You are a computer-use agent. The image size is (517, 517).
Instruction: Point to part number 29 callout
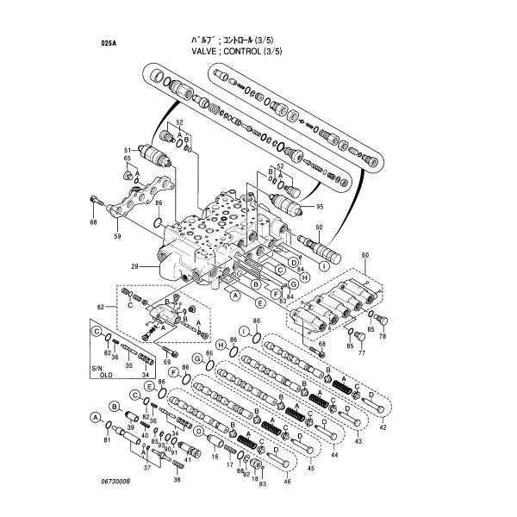point(134,266)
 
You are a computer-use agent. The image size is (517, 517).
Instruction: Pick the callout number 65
point(127,159)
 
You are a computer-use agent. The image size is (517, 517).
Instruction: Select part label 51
point(127,149)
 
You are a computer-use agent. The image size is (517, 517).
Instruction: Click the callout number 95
point(320,207)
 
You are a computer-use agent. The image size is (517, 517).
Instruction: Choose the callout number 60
point(365,256)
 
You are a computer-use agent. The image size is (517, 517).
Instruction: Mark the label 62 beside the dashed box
point(100,306)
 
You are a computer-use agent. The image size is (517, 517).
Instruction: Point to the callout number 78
point(383,336)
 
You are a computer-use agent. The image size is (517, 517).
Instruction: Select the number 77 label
point(362,353)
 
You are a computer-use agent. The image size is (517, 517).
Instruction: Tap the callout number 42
point(383,427)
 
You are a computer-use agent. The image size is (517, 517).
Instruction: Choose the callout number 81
point(108,440)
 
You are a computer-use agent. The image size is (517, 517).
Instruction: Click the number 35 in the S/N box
point(128,365)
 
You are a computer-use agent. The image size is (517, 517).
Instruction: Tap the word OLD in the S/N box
point(106,376)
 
